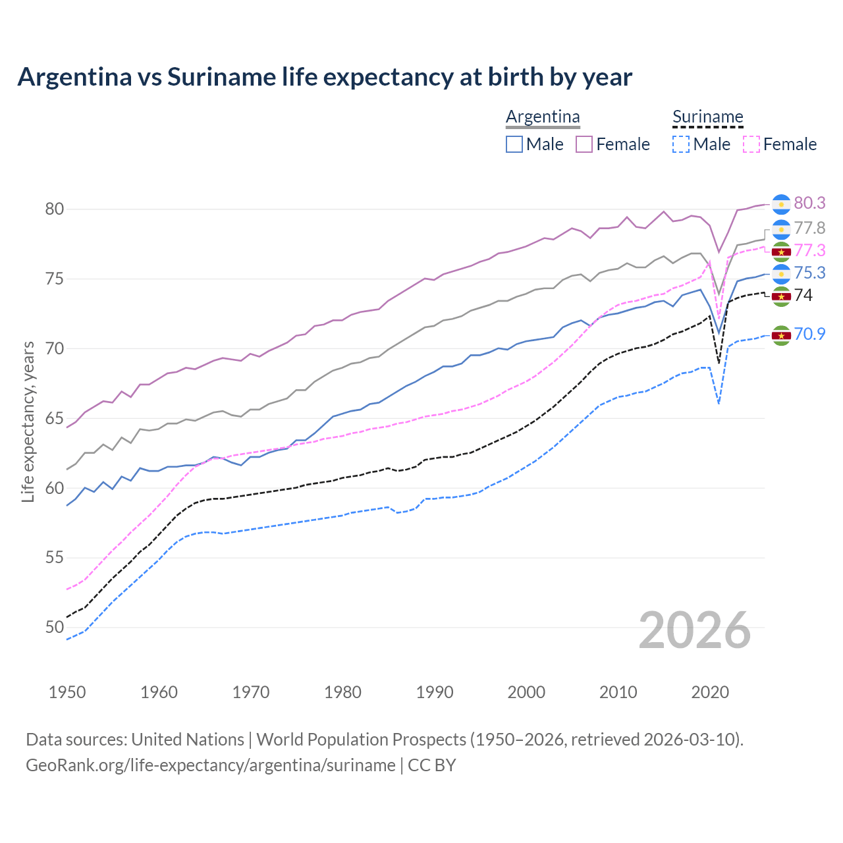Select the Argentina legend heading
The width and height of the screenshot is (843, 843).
click(x=543, y=117)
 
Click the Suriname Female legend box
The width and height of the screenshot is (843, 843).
click(x=751, y=144)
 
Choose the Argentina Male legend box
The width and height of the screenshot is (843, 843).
click(x=514, y=144)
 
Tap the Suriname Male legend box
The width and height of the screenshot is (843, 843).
click(x=681, y=144)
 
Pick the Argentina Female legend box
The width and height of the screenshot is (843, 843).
click(x=584, y=144)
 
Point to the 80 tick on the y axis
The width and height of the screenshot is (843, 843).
click(x=55, y=209)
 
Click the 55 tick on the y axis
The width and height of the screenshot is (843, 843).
click(x=55, y=558)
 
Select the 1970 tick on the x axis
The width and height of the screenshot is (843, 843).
click(x=251, y=692)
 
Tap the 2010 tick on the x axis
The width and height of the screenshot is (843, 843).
click(x=618, y=692)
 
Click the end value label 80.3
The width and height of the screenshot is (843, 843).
click(x=809, y=204)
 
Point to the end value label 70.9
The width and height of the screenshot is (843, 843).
click(x=809, y=335)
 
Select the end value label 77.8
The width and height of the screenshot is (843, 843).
click(x=809, y=229)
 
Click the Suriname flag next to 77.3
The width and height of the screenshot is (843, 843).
click(x=781, y=252)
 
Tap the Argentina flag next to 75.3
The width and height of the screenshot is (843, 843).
click(x=781, y=273)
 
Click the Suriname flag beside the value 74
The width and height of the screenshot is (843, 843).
click(x=781, y=296)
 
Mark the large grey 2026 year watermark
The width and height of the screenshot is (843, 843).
click(x=694, y=630)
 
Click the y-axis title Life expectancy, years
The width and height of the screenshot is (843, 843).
click(x=28, y=421)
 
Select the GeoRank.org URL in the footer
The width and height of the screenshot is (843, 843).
click(x=210, y=765)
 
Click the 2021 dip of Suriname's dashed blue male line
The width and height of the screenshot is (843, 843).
click(x=719, y=403)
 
